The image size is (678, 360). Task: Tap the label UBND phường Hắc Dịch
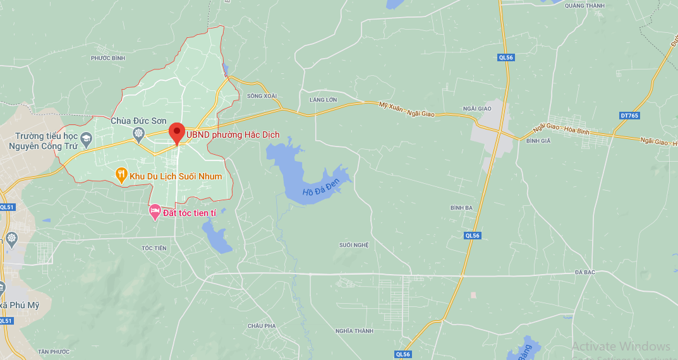pyautogui.click(x=233, y=135)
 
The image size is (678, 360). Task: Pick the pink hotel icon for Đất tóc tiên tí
pyautogui.click(x=155, y=212)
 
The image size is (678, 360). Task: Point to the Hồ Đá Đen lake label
pyautogui.click(x=321, y=187)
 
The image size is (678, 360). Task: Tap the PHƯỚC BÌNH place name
pyautogui.click(x=108, y=58)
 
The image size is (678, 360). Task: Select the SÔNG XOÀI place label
pyautogui.click(x=262, y=96)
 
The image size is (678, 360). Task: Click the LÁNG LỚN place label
pyautogui.click(x=323, y=100)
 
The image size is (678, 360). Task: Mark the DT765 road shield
pyautogui.click(x=629, y=116)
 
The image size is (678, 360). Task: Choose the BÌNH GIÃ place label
pyautogui.click(x=538, y=141)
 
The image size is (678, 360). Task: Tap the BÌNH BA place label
pyautogui.click(x=461, y=207)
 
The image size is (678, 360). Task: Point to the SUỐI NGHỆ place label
pyautogui.click(x=353, y=244)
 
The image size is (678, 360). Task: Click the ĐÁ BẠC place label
pyautogui.click(x=586, y=272)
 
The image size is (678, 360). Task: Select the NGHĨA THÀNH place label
pyautogui.click(x=354, y=331)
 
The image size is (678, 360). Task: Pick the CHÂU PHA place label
pyautogui.click(x=262, y=325)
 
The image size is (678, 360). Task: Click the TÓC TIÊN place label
pyautogui.click(x=154, y=248)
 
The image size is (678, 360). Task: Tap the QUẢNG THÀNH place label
pyautogui.click(x=584, y=6)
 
